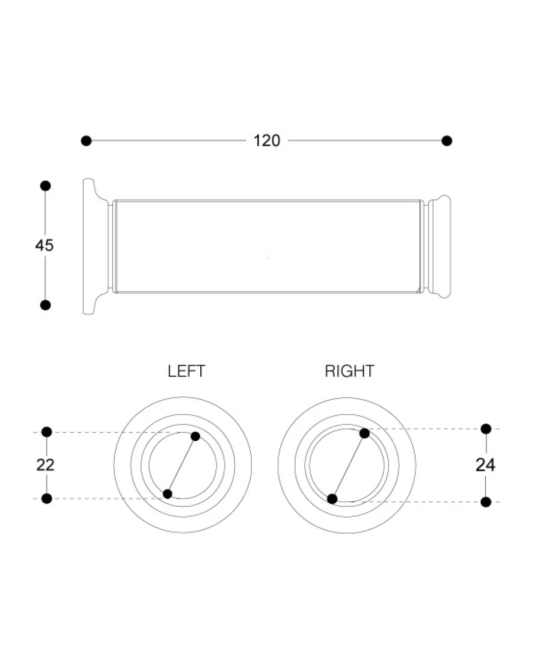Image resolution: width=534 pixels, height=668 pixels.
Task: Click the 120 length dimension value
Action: [267, 141]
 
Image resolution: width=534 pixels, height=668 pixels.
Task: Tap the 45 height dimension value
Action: [44, 245]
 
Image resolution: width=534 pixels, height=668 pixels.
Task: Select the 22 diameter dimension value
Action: [45, 465]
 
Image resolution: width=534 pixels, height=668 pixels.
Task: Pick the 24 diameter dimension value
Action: [485, 465]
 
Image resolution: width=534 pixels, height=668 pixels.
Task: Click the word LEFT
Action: [186, 371]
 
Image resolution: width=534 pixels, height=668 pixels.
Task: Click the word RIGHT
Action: [350, 371]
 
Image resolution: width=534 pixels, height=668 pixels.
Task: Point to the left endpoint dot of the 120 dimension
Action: [86, 141]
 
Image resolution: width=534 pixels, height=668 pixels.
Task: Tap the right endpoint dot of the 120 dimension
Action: [446, 141]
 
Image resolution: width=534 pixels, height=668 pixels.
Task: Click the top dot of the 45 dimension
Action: [45, 186]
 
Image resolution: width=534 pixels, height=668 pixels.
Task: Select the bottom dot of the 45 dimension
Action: [45, 305]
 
